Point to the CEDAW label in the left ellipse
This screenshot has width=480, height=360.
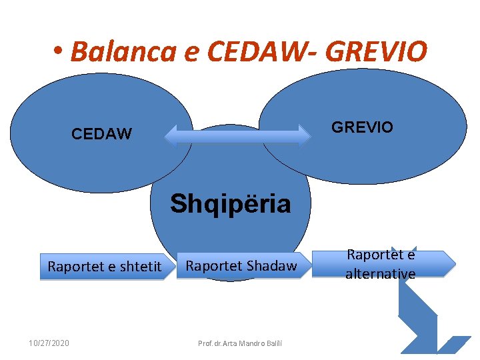point(101,134)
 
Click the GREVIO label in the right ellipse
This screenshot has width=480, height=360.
point(362,127)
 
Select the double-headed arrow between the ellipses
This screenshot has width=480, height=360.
point(237,135)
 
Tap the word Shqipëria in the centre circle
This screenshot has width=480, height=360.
point(230,203)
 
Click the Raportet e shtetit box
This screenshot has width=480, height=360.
point(104,267)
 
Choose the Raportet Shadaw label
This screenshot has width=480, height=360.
point(241,266)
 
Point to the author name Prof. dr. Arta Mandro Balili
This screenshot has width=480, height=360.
point(240,343)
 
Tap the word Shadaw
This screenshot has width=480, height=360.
point(271,266)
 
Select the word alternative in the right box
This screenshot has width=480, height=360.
point(380,273)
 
